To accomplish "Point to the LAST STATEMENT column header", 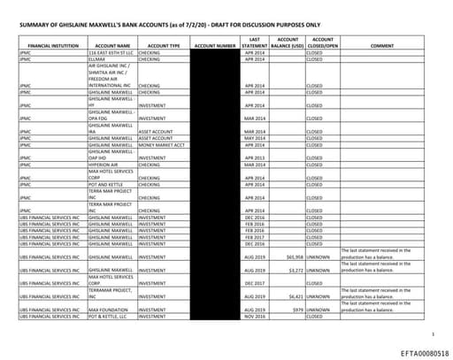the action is pos(255,42).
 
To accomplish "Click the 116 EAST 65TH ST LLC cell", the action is pos(110,52).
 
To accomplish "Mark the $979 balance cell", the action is pos(296,310).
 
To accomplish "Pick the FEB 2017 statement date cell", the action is pos(255,237).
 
